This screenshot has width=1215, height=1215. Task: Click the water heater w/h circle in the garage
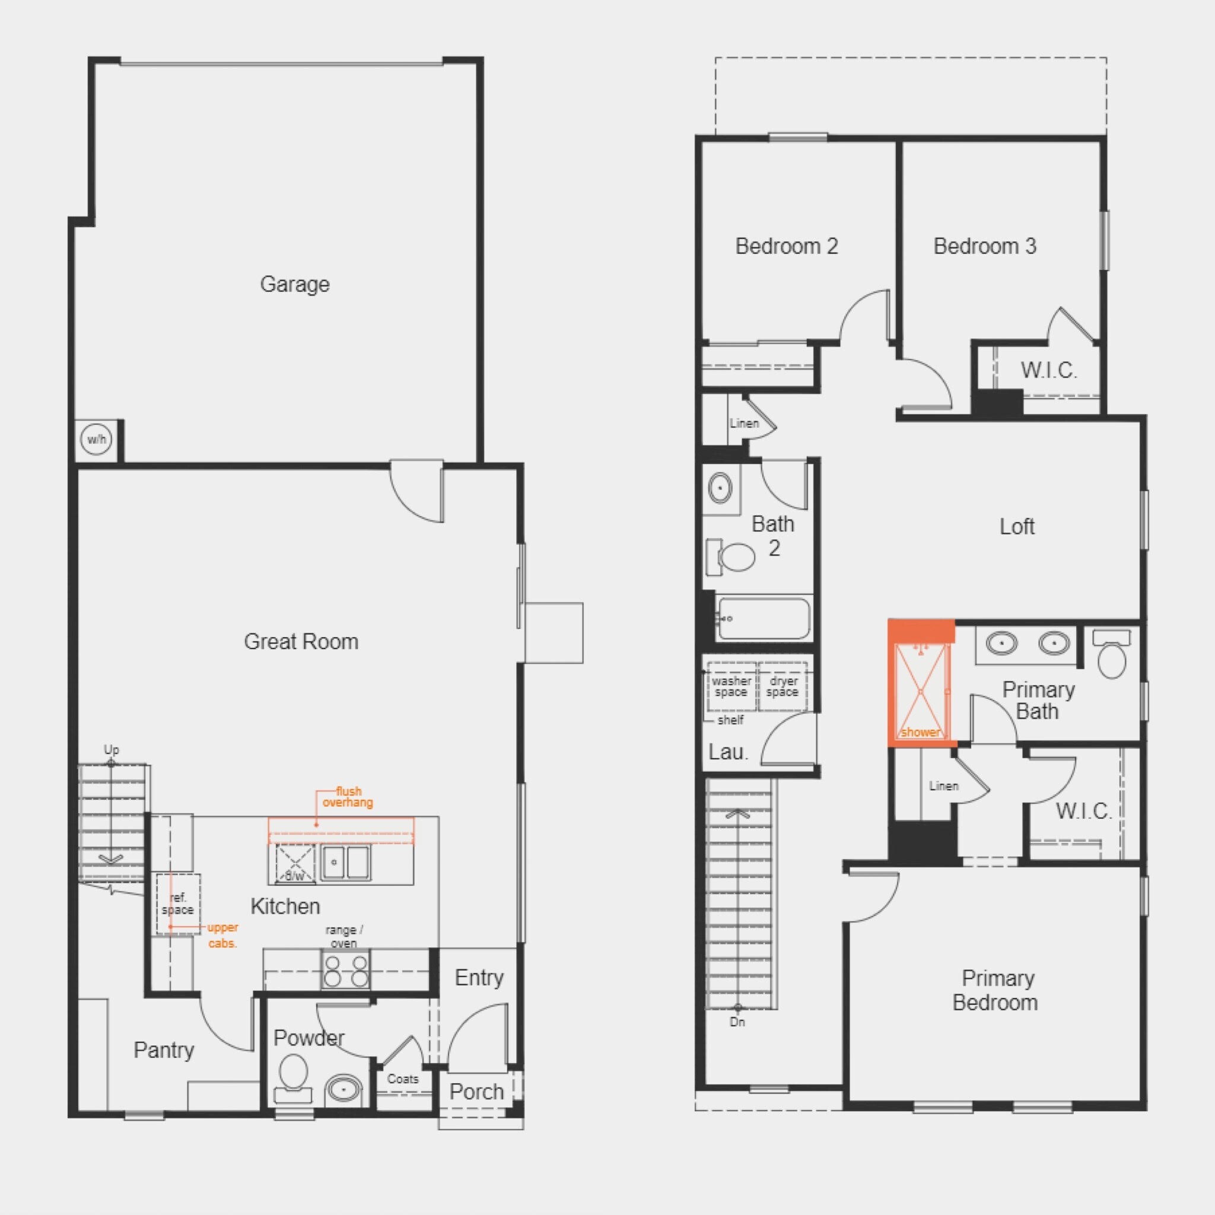(96, 439)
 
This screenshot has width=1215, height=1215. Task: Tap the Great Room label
(301, 641)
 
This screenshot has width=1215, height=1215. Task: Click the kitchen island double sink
(345, 861)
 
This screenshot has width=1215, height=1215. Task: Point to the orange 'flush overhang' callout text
(348, 797)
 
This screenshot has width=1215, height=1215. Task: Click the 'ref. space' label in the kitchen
(177, 904)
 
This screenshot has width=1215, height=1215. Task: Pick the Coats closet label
(402, 1079)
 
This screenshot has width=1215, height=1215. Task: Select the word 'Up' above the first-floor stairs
(112, 749)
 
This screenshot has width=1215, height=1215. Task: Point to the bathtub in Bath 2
(764, 619)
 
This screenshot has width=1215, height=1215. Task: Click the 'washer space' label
(731, 686)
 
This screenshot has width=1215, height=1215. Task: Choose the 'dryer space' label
(783, 686)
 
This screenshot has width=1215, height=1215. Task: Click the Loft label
(1017, 526)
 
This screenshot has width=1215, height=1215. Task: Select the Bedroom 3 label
(985, 246)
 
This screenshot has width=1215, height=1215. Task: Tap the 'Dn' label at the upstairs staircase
(737, 1022)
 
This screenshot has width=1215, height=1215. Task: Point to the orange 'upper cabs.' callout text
(222, 935)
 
